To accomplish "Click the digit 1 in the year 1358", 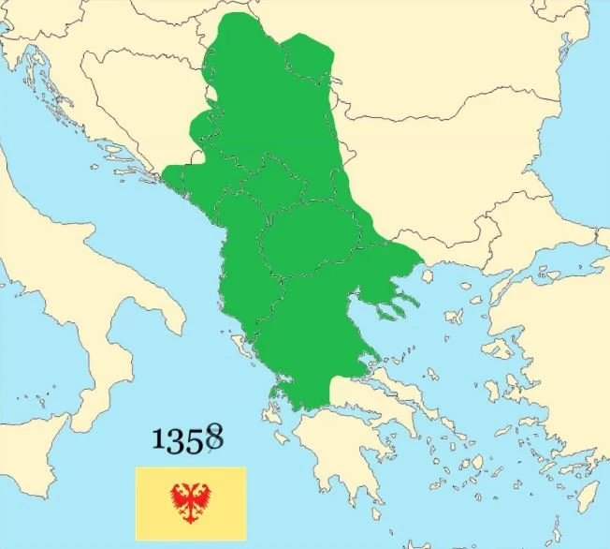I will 160,440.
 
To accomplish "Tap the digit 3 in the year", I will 176,440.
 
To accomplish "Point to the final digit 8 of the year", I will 214,436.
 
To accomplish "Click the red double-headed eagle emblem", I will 191,503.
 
